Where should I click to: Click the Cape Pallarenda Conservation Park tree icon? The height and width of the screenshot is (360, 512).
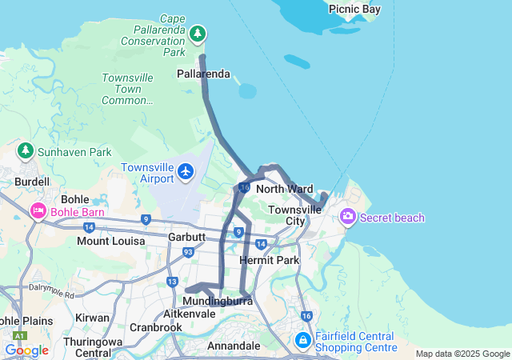[198, 34]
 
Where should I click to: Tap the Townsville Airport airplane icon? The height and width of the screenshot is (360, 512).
[186, 170]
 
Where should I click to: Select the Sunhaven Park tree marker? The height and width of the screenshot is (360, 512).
[26, 150]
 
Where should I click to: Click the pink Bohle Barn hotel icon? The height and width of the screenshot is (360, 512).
[38, 211]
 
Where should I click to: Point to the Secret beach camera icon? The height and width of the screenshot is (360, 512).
[348, 217]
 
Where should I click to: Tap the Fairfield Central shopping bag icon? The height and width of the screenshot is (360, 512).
[303, 341]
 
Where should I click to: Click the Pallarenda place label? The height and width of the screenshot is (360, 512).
[203, 74]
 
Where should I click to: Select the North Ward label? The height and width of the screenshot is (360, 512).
[284, 189]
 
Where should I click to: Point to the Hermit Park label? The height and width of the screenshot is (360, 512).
[269, 260]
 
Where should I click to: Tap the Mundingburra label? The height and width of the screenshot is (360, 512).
[218, 301]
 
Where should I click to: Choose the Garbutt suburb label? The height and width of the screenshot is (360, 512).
[187, 238]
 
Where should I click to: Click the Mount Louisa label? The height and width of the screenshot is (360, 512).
[111, 241]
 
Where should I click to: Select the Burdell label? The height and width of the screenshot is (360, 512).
[32, 182]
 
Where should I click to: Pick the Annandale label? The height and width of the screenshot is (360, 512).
[233, 346]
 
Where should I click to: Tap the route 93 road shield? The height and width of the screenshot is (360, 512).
[188, 252]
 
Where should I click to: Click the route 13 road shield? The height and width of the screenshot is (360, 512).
[173, 281]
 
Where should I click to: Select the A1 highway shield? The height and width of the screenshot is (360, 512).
[19, 337]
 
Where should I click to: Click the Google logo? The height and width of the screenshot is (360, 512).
[27, 350]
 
